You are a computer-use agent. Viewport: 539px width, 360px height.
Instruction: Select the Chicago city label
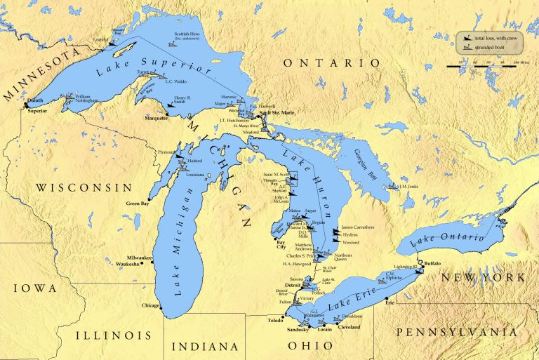pyautogui.click(x=150, y=305)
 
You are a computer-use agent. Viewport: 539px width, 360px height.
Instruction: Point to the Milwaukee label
pyautogui.click(x=140, y=258)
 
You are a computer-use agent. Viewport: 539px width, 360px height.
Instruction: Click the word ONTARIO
pyautogui.click(x=331, y=63)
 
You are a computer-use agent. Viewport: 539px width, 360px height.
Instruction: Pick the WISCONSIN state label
pyautogui.click(x=84, y=187)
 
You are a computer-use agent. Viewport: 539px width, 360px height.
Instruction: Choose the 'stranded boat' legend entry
pyautogui.click(x=491, y=46)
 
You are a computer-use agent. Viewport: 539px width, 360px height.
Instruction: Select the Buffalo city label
pyautogui.click(x=432, y=262)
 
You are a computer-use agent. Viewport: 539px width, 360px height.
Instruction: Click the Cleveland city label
pyautogui.click(x=349, y=328)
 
